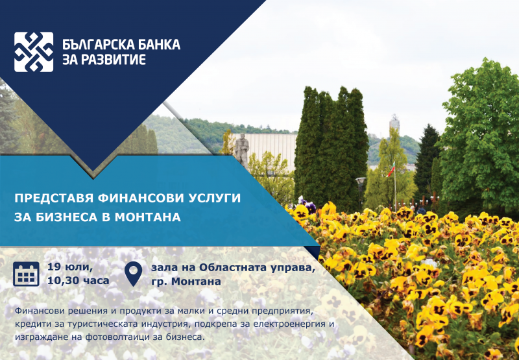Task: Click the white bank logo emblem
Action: tap(34, 51)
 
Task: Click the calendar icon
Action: tap(27, 274)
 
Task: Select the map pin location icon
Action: tap(134, 274)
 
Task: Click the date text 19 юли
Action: tap(70, 267)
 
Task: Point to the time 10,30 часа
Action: tap(78, 282)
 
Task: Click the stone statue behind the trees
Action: tap(241, 149)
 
